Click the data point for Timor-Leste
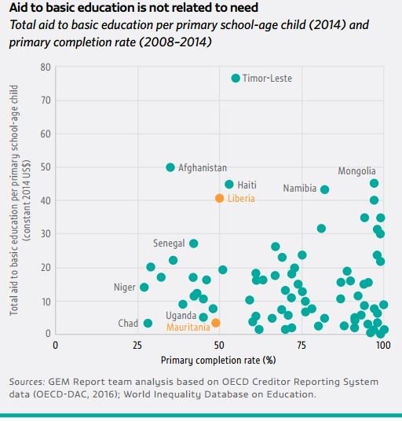(236, 78)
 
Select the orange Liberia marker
(220, 198)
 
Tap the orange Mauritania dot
(216, 323)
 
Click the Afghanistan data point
(170, 167)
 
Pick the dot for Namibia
(324, 189)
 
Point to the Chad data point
(148, 323)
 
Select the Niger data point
(144, 287)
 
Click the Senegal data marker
(194, 243)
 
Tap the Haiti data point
(229, 185)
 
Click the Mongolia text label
(357, 171)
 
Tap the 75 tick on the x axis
(301, 344)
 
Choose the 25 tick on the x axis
(137, 344)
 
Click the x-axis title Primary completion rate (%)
(218, 360)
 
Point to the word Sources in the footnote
(28, 382)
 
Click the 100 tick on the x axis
(382, 344)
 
